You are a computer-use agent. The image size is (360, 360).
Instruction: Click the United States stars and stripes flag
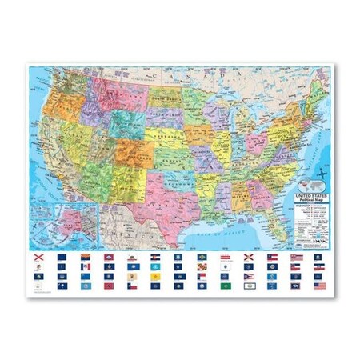[x=320, y=285]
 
